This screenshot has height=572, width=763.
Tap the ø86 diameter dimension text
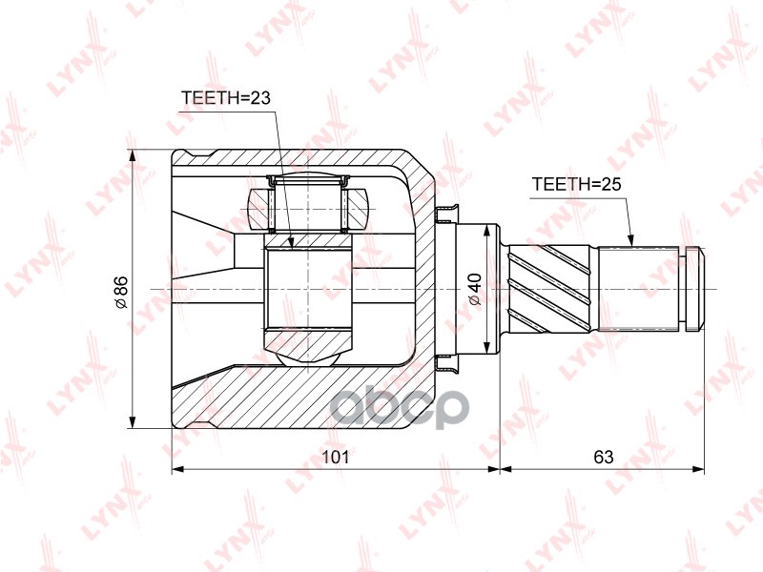pos(120,291)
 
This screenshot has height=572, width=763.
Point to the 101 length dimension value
pos(334,457)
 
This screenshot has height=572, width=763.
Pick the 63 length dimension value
pos(603,457)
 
